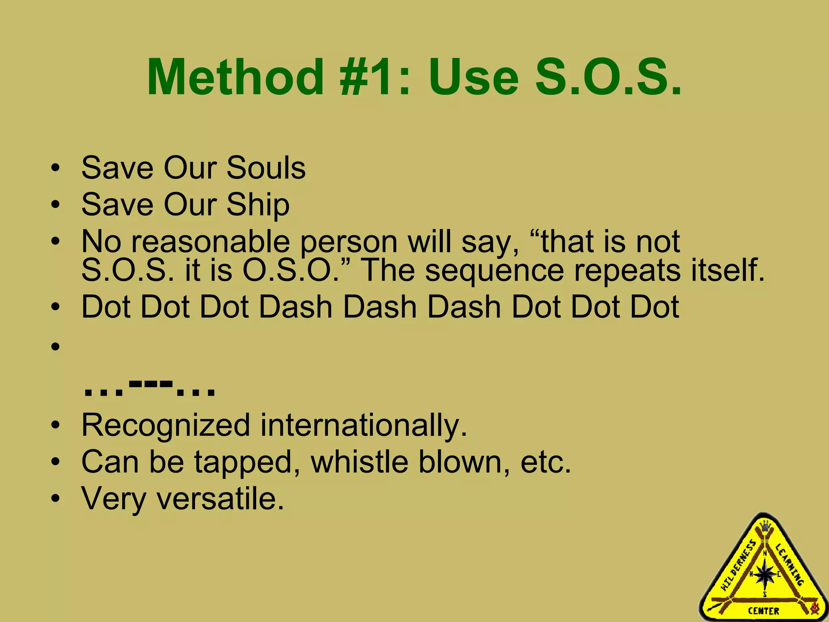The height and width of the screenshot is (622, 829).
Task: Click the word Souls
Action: click(266, 168)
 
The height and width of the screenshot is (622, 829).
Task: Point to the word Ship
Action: click(258, 205)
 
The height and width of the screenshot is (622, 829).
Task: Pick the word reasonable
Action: click(210, 242)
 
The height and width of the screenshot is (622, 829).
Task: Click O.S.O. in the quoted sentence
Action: click(291, 270)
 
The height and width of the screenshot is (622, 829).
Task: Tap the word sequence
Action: click(494, 270)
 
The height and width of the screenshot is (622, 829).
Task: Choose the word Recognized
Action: click(166, 426)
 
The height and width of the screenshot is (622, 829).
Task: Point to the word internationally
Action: click(363, 426)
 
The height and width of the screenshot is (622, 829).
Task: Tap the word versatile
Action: click(220, 498)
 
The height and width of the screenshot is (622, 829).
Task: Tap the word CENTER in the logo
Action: click(763, 611)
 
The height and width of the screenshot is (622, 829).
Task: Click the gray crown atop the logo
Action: click(765, 526)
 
